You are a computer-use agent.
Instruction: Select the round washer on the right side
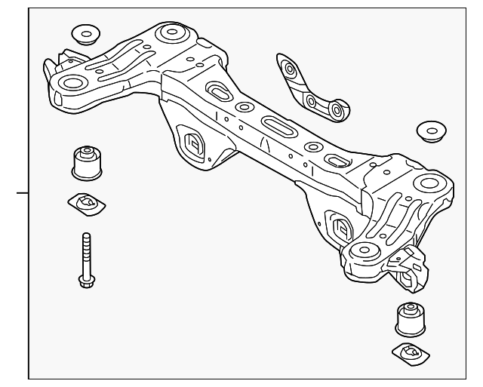tap(432, 130)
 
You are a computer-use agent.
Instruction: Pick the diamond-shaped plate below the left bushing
tap(85, 202)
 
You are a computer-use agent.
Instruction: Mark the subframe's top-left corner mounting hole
tap(173, 33)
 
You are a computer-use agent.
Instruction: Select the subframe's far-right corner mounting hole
tap(429, 182)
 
